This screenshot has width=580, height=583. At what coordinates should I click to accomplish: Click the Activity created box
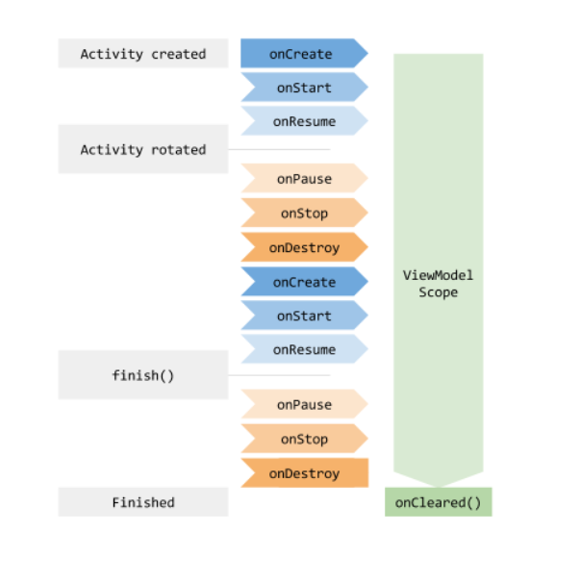143,54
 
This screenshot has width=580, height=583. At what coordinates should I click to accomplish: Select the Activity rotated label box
143,149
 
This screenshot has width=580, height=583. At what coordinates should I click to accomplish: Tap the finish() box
143,375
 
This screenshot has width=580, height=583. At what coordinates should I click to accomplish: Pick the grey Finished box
143,502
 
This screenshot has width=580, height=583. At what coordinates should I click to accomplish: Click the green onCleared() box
438,502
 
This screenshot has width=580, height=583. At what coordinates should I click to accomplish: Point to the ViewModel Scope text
438,283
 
